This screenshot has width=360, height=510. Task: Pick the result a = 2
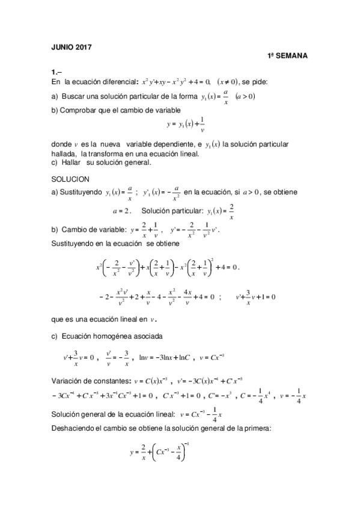pos(121,211)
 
